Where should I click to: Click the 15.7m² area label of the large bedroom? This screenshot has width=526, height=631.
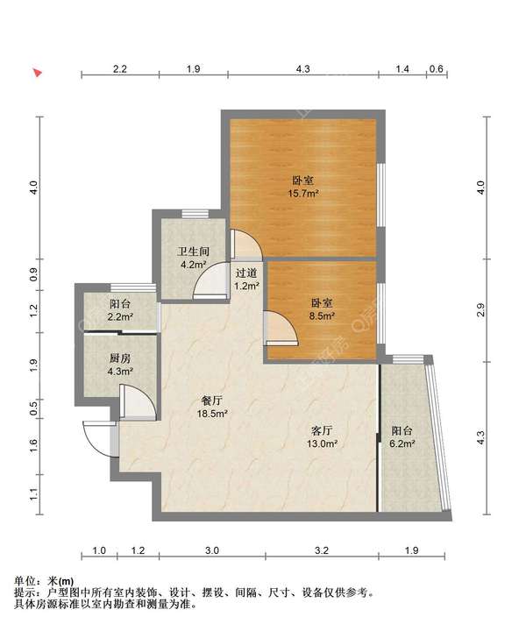[x=303, y=194]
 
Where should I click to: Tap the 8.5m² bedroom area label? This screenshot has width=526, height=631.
[x=322, y=315]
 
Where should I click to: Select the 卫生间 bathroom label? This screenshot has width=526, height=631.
[x=194, y=252]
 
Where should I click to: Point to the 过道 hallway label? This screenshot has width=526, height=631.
[x=246, y=273]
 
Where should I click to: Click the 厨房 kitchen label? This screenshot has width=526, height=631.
[x=120, y=358]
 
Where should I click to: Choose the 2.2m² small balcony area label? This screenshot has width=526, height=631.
[x=120, y=316]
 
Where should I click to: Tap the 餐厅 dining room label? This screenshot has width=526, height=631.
[x=212, y=401]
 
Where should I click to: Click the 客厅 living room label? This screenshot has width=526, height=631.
[x=322, y=430]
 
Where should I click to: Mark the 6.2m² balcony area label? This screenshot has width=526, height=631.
[x=402, y=443]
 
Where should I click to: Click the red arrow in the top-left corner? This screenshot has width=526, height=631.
[x=38, y=73]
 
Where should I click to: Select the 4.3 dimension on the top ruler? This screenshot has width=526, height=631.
[x=303, y=69]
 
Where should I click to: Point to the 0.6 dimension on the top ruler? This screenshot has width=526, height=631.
[x=437, y=69]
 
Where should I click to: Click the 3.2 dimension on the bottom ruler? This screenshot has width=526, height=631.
[x=322, y=550]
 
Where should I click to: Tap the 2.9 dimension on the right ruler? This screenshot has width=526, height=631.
[x=480, y=310]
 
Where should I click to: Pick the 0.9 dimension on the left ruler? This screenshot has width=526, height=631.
[x=34, y=274]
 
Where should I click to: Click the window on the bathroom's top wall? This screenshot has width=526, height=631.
[x=195, y=214]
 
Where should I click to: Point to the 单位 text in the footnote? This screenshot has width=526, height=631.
[x=25, y=581]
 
